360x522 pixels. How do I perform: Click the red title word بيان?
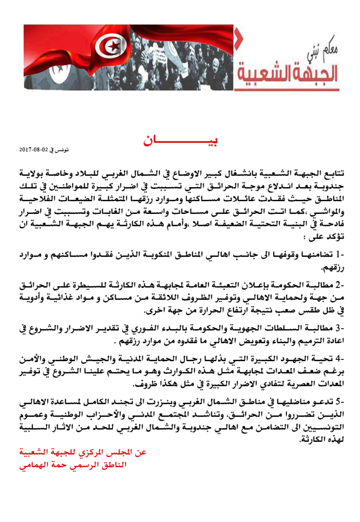click(x=181, y=141)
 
